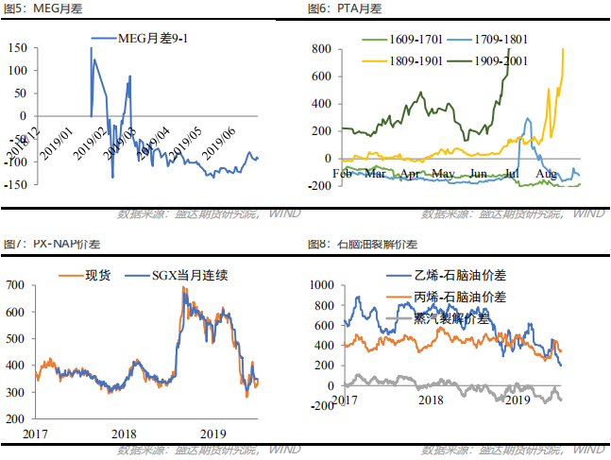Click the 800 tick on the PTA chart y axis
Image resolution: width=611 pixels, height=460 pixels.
tap(320, 48)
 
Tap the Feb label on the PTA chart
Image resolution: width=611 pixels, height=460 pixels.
tap(344, 174)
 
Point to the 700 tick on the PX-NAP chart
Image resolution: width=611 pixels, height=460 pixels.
tap(18, 282)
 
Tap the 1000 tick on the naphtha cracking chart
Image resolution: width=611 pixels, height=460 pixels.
tap(322, 284)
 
